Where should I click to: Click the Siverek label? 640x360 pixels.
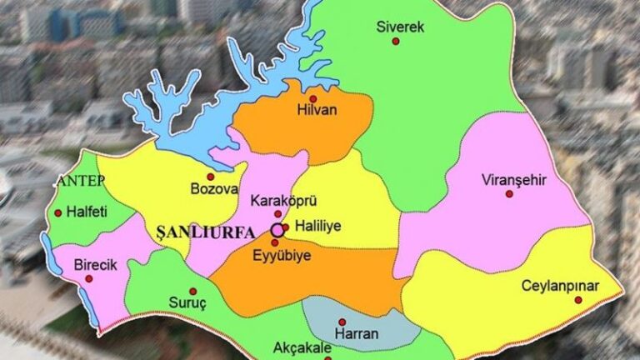[x=400, y=27]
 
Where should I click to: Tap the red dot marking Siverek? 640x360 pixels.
[x=396, y=41]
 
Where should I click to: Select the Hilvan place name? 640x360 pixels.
[x=314, y=109]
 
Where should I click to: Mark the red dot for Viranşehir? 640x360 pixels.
[x=509, y=193]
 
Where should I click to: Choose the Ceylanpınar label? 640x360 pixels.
[x=560, y=286]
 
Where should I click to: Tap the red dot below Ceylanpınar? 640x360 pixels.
[x=577, y=300]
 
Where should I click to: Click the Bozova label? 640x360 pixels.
[x=215, y=190]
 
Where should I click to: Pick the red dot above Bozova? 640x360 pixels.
[x=210, y=177]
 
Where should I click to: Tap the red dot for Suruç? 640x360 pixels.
[x=192, y=291]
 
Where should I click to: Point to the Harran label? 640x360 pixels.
[x=356, y=334]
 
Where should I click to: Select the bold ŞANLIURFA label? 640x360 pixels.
[x=206, y=231]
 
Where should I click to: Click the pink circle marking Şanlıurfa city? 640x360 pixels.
[x=277, y=229]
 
